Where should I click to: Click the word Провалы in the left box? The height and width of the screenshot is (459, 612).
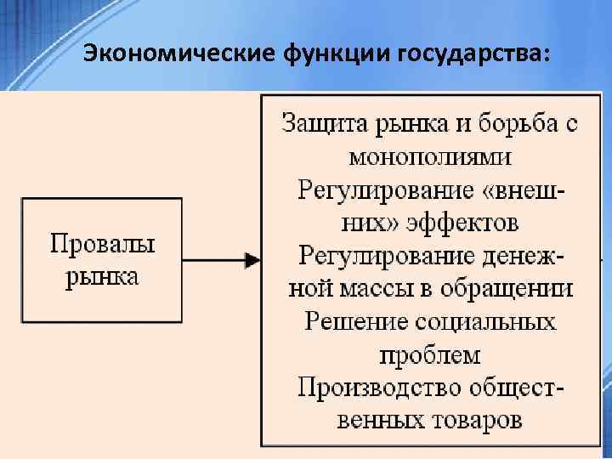coord(102,246)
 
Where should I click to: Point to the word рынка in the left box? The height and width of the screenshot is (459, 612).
coord(102,278)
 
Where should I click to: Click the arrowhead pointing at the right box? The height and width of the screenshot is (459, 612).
coord(252,260)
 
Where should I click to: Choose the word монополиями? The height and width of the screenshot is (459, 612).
coord(430,156)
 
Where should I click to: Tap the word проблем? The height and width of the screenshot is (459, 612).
coord(430,354)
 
